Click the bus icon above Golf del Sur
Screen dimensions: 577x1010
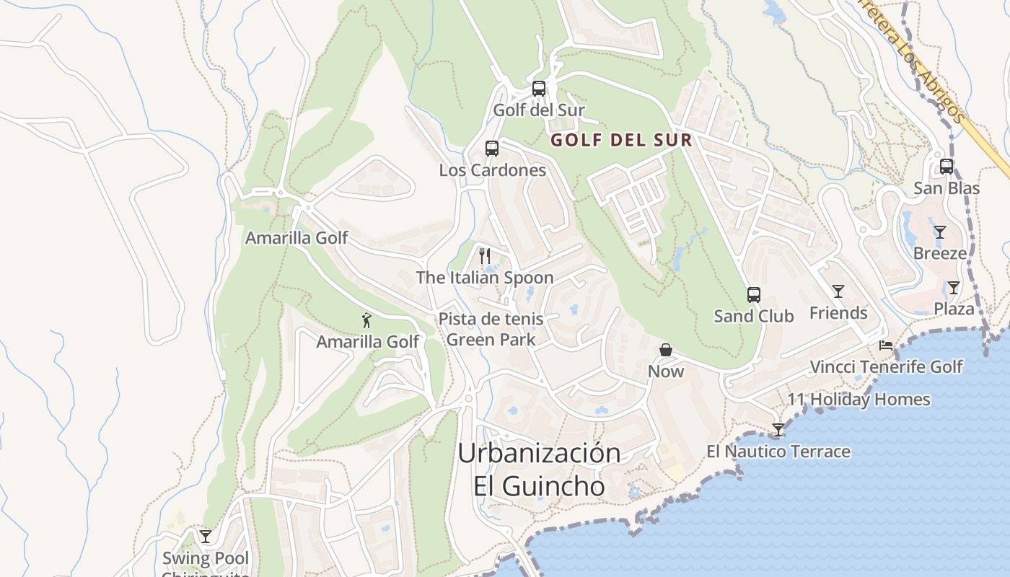539,89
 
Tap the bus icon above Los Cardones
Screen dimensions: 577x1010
492,149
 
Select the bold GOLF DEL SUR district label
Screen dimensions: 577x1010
621,140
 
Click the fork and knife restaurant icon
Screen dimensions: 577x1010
485,256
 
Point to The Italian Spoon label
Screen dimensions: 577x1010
485,278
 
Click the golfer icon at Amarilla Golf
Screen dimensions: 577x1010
367,320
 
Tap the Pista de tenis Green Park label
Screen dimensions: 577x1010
491,329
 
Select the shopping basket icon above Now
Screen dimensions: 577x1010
666,350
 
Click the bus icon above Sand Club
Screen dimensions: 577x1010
754,295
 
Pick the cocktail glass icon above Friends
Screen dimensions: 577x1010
838,291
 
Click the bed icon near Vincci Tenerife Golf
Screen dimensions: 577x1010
886,345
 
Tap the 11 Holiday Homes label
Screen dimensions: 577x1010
858,400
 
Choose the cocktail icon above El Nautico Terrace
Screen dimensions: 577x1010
778,430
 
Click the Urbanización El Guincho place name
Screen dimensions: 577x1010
540,469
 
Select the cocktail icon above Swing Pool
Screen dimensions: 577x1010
206,536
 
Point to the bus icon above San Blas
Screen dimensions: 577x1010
947,167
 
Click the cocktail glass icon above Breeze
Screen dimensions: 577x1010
940,232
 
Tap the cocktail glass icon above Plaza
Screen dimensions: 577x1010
954,288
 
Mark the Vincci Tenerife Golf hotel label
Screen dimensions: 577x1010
886,366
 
